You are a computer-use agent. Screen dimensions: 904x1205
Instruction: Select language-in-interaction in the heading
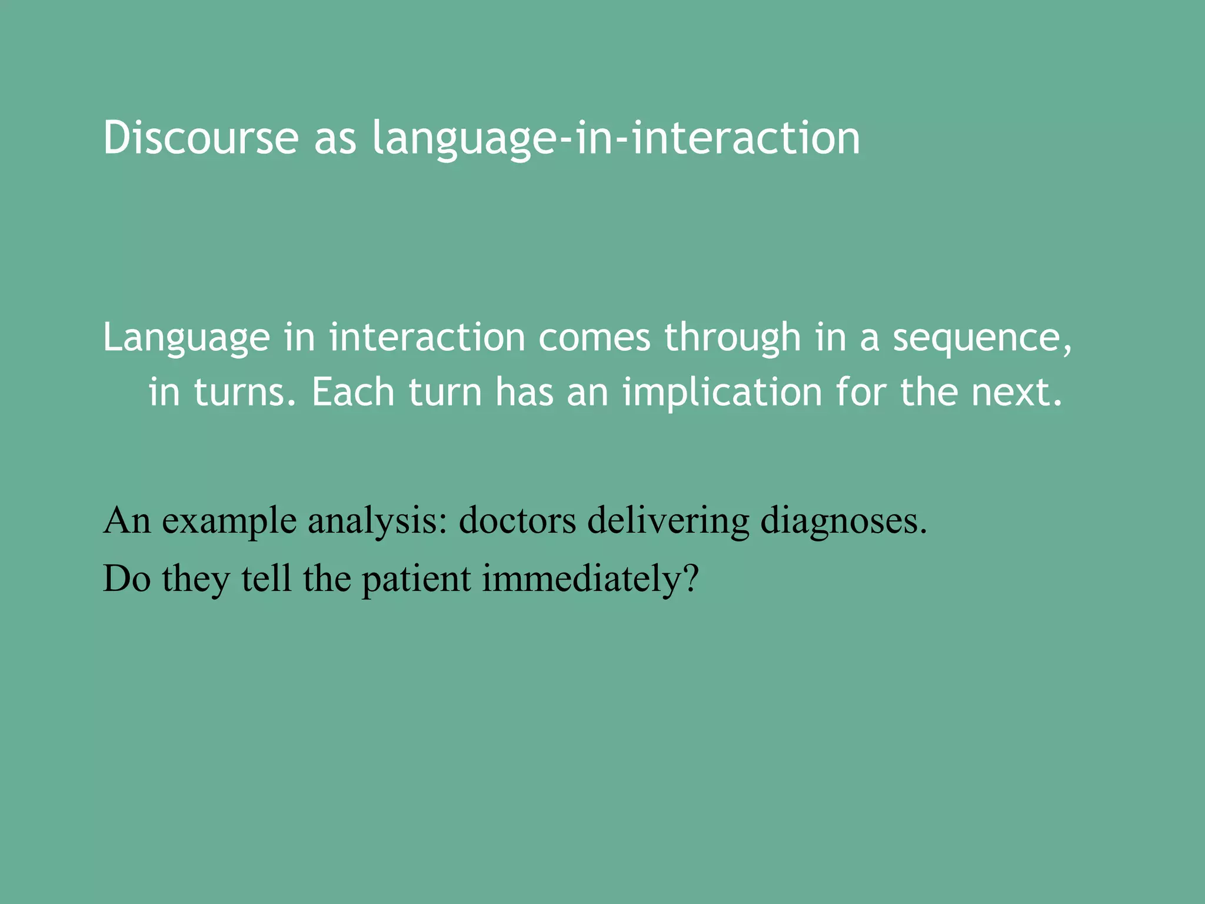pyautogui.click(x=615, y=139)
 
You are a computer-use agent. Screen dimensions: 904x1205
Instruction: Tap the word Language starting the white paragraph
pyautogui.click(x=186, y=338)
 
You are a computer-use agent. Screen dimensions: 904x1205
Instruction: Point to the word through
pyautogui.click(x=733, y=338)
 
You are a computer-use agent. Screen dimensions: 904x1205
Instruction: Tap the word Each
pyautogui.click(x=352, y=392)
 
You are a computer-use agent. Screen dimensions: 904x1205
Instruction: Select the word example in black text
pyautogui.click(x=229, y=521)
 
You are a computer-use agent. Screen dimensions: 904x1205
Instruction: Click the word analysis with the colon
pyautogui.click(x=377, y=521)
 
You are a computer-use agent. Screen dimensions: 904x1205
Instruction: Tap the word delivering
pyautogui.click(x=668, y=521)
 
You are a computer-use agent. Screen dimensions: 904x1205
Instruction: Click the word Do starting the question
pyautogui.click(x=127, y=578)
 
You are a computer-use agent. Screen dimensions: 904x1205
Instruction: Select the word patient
pyautogui.click(x=416, y=579)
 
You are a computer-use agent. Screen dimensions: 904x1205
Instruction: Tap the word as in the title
pyautogui.click(x=335, y=139)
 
